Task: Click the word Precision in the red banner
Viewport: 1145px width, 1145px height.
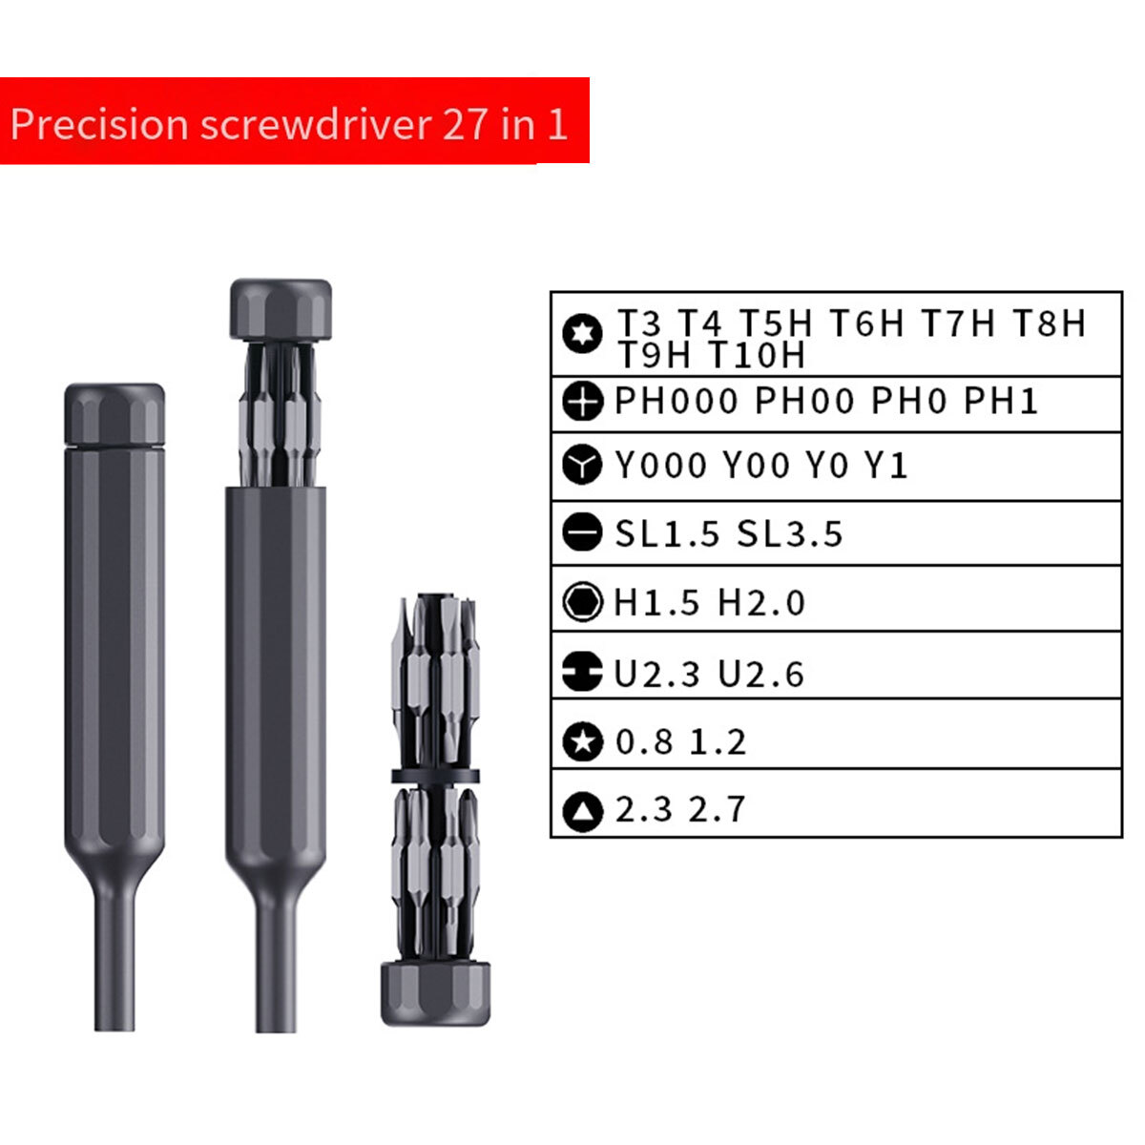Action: pos(99,125)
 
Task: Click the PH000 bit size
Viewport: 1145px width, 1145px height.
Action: pos(677,401)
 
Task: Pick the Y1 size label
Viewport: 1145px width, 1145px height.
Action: pos(885,465)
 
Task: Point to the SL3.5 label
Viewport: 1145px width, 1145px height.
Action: pos(790,533)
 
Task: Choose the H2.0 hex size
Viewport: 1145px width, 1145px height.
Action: pos(761,602)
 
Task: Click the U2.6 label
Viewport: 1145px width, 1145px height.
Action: pos(761,674)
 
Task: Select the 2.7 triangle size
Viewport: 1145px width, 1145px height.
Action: pos(717,809)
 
